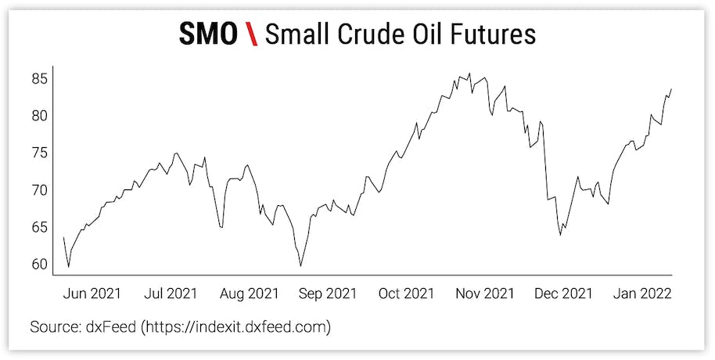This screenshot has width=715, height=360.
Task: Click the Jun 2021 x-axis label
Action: tap(91, 293)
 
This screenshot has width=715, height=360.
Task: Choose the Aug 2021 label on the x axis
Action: tap(248, 293)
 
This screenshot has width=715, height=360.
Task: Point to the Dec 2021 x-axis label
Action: tap(562, 293)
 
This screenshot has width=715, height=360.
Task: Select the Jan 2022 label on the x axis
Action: tap(641, 293)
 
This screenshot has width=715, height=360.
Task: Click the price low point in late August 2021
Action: tap(301, 266)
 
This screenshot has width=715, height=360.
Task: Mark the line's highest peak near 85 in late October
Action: tap(469, 74)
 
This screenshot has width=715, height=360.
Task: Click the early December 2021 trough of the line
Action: tap(560, 235)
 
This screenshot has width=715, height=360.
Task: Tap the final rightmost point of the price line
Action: tap(672, 89)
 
